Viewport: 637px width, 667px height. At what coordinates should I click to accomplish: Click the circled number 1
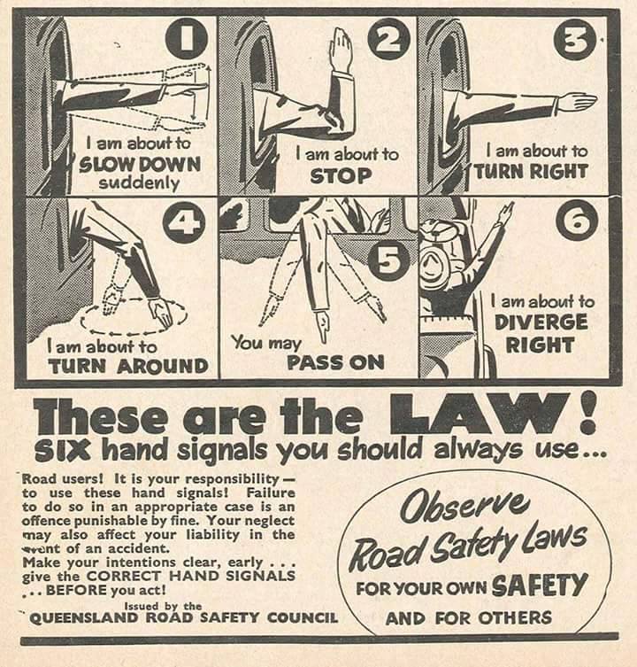(186, 39)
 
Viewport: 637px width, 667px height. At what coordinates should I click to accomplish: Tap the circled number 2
(388, 40)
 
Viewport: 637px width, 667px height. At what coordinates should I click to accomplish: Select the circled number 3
(574, 39)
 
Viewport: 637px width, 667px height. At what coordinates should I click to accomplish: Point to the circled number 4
(184, 222)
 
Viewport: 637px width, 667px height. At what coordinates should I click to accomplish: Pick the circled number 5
(388, 260)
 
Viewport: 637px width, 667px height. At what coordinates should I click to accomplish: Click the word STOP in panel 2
(341, 176)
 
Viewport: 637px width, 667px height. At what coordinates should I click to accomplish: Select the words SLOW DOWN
(140, 163)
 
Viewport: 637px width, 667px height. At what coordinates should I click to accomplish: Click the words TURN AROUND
(128, 366)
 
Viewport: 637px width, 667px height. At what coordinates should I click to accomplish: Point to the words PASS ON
(335, 362)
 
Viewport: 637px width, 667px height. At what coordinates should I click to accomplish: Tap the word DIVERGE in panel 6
(541, 322)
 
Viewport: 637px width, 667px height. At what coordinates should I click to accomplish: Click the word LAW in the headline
(480, 413)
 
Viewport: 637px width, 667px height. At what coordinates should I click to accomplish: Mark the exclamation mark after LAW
(589, 412)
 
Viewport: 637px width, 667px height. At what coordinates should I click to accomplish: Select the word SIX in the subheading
(62, 451)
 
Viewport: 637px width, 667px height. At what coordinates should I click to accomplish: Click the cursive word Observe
(465, 506)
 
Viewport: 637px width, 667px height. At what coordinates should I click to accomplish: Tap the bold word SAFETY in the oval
(540, 586)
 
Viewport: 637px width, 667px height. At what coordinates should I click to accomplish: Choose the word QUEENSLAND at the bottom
(84, 617)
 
